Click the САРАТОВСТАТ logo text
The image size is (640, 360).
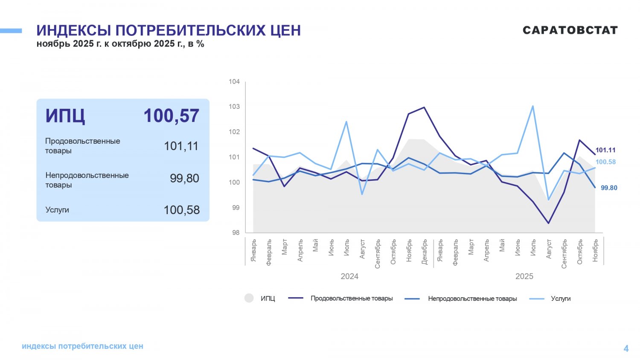[x=570, y=30]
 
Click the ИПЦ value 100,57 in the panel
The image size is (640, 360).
[x=171, y=116]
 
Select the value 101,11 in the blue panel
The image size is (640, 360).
[x=181, y=146]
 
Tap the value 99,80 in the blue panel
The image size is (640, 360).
[x=184, y=178]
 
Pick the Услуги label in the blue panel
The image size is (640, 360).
[x=57, y=210]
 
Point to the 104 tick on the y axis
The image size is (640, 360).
[x=234, y=81]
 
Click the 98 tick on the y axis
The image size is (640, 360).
[x=236, y=233]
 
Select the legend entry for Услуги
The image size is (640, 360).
[x=560, y=299]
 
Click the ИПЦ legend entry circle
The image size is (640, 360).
[x=249, y=298]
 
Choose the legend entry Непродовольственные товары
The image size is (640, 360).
[x=472, y=299]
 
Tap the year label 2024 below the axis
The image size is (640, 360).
[x=349, y=276]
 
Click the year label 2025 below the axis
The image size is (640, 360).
[x=524, y=276]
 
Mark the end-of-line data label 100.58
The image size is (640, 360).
[x=605, y=162]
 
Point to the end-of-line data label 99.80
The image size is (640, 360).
[x=609, y=188]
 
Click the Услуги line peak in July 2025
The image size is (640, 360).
[x=533, y=106]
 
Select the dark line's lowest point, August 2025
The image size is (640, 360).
[x=549, y=223]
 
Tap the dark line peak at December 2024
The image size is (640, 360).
[x=424, y=107]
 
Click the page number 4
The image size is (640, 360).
[x=626, y=348]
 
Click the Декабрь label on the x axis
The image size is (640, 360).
[x=424, y=252]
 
